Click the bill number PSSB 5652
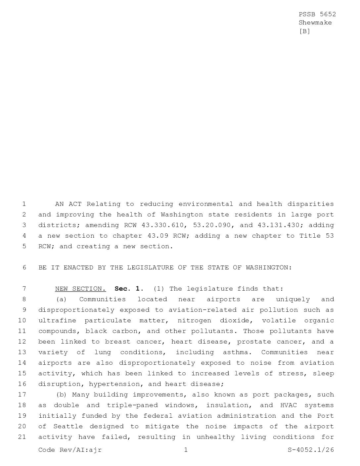click(x=317, y=14)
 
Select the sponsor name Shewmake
click(x=315, y=23)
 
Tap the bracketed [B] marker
click(x=304, y=31)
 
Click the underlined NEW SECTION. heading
click(x=80, y=289)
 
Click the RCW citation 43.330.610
click(x=164, y=225)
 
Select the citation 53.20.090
click(x=212, y=225)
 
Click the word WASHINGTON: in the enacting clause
click(x=269, y=267)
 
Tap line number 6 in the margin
click(x=24, y=267)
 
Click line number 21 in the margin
click(x=22, y=437)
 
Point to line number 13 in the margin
click(x=22, y=352)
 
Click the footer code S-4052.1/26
click(x=311, y=450)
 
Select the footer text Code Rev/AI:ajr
click(x=70, y=450)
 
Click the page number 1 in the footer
click(x=186, y=450)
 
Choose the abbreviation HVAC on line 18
click(x=288, y=405)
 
